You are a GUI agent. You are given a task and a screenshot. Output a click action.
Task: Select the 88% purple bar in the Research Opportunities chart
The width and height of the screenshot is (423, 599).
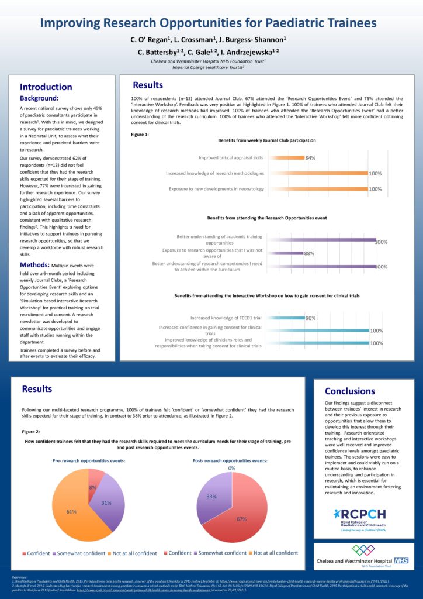pyautogui.click(x=285, y=253)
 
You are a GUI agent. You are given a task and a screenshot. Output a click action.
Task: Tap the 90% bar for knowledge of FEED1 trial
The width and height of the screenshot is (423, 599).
pyautogui.click(x=286, y=318)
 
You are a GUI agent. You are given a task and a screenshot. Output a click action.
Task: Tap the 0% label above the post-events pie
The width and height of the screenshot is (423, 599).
pyautogui.click(x=232, y=469)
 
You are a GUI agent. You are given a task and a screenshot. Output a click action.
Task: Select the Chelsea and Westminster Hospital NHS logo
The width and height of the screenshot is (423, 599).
pyautogui.click(x=362, y=556)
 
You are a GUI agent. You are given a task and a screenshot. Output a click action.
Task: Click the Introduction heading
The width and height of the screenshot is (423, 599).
pyautogui.click(x=46, y=87)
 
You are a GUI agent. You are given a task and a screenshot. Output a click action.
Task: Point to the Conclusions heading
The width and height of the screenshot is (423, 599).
pyautogui.click(x=350, y=391)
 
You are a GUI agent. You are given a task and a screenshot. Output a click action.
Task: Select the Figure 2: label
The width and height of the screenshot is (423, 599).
pyautogui.click(x=31, y=432)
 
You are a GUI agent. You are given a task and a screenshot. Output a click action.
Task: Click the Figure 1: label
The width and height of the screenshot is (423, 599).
pyautogui.click(x=140, y=135)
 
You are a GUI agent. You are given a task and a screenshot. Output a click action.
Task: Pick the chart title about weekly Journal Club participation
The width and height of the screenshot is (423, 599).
pyautogui.click(x=267, y=141)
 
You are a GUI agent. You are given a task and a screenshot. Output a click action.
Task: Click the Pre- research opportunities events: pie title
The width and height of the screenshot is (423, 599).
pyautogui.click(x=88, y=460)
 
